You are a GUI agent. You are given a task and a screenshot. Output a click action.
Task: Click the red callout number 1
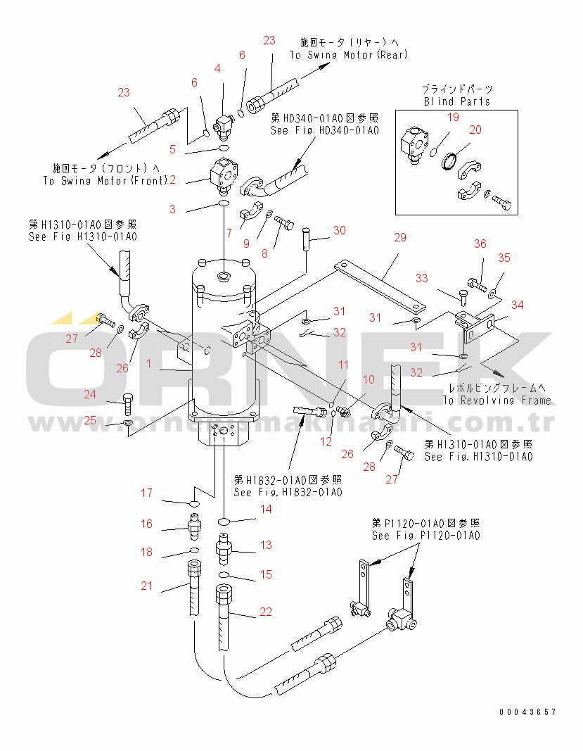pos(148,362)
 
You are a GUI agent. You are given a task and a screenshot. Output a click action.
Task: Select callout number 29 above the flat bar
pos(399,238)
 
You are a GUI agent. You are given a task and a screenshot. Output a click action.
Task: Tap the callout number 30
pos(339,230)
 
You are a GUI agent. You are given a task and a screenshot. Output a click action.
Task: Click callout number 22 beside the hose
pos(265,612)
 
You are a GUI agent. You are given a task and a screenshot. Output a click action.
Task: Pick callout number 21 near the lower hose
pos(146,586)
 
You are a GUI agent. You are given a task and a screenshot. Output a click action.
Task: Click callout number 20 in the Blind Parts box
pos(475,130)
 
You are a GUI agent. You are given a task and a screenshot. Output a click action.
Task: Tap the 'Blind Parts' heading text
pos(456,101)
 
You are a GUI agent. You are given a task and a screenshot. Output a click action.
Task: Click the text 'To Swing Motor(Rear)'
pos(348,55)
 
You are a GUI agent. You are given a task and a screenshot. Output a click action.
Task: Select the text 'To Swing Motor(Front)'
pos(105,180)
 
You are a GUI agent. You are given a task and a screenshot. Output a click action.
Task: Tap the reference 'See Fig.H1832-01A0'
pos(288,492)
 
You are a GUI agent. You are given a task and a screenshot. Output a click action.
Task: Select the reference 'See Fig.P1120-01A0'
pos(425,536)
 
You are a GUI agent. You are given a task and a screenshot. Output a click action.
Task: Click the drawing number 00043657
pos(528,712)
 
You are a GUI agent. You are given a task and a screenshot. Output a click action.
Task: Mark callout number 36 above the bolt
pos(480,244)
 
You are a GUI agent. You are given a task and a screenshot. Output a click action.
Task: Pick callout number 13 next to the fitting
pos(266,545)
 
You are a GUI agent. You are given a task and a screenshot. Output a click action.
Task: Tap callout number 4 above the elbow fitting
pos(217,68)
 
